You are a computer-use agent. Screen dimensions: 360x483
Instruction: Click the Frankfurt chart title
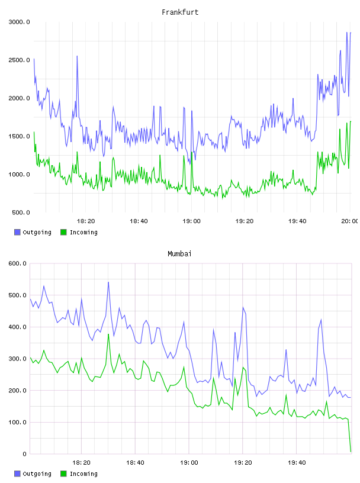click(180, 12)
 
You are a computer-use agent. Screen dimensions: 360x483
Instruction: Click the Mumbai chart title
click(179, 254)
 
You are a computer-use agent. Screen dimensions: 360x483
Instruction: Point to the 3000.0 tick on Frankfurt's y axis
click(20, 22)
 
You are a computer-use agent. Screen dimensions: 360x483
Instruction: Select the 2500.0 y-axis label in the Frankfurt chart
click(20, 60)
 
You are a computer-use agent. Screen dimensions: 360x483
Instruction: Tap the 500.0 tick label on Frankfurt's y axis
click(21, 212)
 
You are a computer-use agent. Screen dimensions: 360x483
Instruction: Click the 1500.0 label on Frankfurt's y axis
click(20, 137)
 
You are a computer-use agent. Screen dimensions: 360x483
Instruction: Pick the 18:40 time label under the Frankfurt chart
click(139, 221)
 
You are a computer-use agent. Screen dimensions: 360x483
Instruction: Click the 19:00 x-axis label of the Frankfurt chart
click(191, 221)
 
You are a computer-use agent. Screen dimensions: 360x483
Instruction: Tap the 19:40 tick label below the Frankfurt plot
click(297, 221)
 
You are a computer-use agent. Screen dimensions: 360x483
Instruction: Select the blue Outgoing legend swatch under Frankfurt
click(17, 232)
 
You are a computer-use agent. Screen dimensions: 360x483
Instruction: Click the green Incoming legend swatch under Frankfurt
click(63, 232)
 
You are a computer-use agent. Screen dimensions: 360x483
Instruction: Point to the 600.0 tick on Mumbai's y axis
click(18, 263)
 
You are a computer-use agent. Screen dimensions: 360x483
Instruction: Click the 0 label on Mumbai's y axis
click(25, 454)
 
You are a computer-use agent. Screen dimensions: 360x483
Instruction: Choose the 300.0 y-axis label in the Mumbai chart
click(18, 359)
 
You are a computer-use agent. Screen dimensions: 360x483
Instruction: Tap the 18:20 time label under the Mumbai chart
click(81, 463)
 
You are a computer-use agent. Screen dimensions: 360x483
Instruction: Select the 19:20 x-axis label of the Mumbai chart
click(243, 463)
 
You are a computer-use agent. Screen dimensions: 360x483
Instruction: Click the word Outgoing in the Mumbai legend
click(37, 474)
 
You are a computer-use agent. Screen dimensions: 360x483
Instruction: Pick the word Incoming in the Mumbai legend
click(83, 474)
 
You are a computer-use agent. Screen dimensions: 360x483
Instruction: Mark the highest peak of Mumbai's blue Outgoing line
click(108, 282)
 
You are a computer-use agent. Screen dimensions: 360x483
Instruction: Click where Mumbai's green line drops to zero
click(351, 452)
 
